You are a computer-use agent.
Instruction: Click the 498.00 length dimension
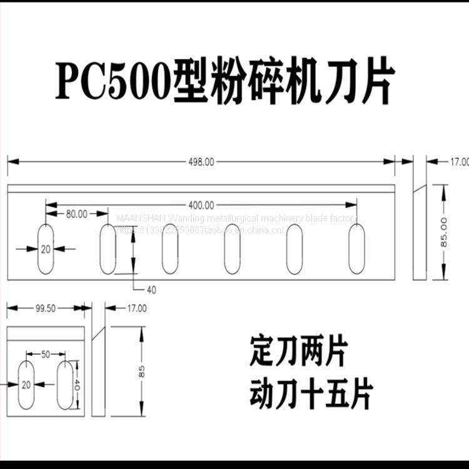click(x=201, y=161)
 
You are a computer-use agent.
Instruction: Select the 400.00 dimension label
click(x=201, y=204)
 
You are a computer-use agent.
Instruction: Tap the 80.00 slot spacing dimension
click(x=76, y=214)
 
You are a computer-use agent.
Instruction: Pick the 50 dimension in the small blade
click(x=46, y=355)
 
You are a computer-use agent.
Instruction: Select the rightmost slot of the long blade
click(x=356, y=248)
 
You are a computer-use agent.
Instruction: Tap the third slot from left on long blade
click(x=170, y=248)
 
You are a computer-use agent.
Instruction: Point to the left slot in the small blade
click(x=26, y=385)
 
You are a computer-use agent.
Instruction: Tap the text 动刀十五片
click(x=311, y=394)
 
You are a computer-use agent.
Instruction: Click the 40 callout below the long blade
click(x=152, y=289)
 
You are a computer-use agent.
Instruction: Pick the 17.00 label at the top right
click(x=458, y=162)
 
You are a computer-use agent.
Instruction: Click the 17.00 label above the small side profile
click(x=136, y=308)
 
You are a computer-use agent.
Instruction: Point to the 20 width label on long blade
click(x=45, y=248)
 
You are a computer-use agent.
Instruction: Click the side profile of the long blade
click(x=419, y=233)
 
